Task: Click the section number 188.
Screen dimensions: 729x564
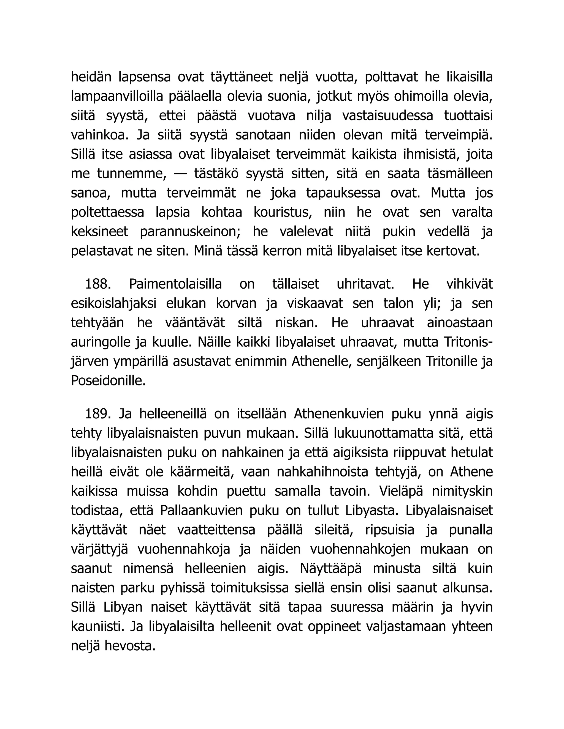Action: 98,284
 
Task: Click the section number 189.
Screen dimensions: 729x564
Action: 98,414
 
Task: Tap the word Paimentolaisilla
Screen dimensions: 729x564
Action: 175,284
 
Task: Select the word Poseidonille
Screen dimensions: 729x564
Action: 108,381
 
